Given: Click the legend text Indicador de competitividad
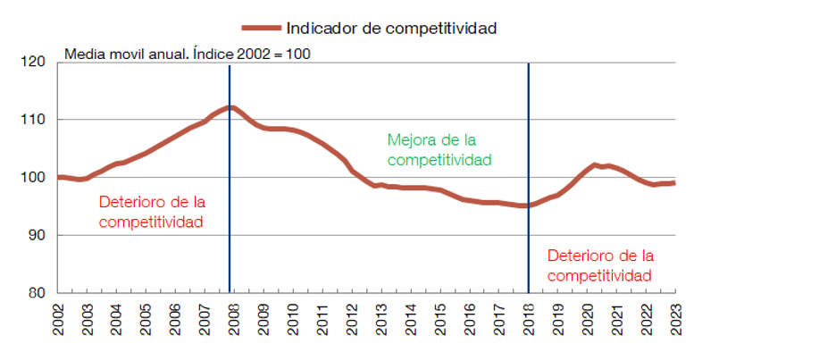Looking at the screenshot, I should pos(391,28).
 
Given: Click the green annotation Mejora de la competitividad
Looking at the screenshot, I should pos(439,150).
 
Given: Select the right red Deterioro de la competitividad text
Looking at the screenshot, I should pos(599,265).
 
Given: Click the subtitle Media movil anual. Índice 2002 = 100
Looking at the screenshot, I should pos(188,55).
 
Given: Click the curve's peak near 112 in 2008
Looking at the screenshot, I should pos(230,108).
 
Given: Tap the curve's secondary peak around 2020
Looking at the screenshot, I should pos(596,165).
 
